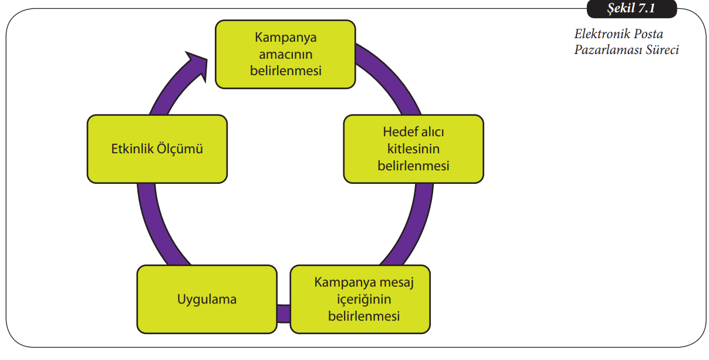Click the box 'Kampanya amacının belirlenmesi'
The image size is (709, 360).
pos(285,54)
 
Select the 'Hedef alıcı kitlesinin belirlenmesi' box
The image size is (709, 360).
pos(413,149)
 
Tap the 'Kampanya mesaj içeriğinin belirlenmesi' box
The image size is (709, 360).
pos(360,300)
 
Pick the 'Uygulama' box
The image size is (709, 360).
pos(207,300)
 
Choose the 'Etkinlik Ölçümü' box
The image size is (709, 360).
pos(157,149)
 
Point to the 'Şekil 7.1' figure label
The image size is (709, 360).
pos(631,9)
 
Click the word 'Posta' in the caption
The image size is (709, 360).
pos(649,34)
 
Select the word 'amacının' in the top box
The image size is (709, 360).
pos(285,54)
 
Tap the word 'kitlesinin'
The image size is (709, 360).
pos(413,149)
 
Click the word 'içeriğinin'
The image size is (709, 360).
pos(360,300)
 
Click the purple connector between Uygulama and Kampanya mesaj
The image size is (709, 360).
pos(283,313)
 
